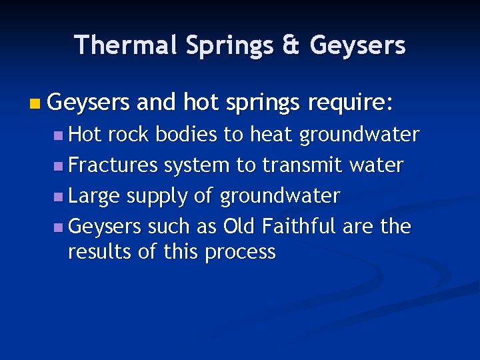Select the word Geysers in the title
pyautogui.click(x=358, y=45)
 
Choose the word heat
pyautogui.click(x=271, y=135)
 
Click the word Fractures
pyautogui.click(x=113, y=165)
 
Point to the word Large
pyautogui.click(x=95, y=197)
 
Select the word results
pyautogui.click(x=98, y=252)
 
